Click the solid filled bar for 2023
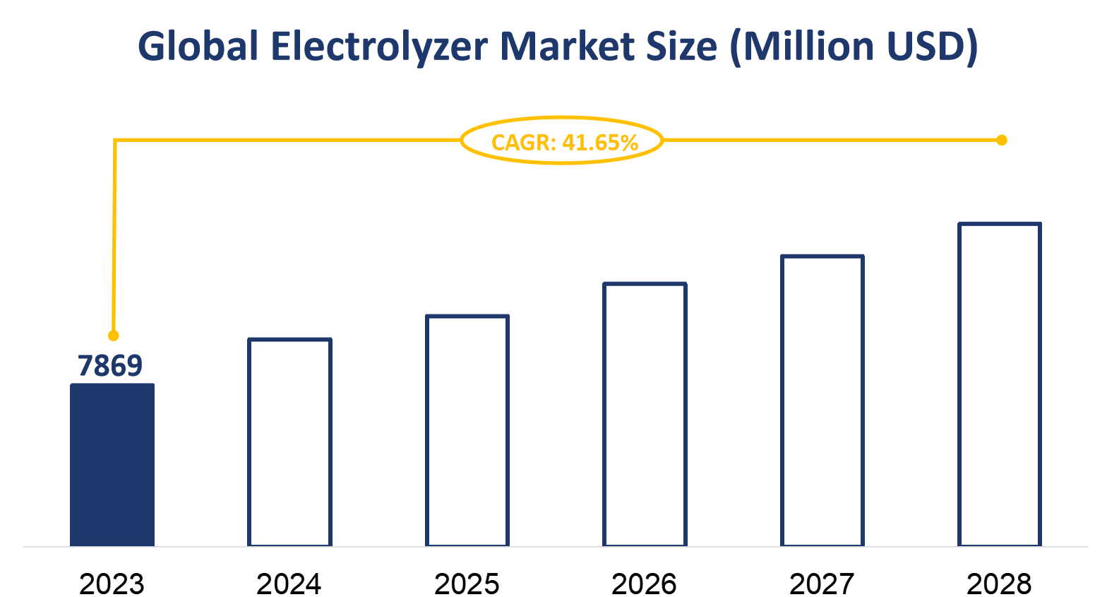click(x=112, y=465)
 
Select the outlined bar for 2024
click(x=289, y=442)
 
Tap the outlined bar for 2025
click(x=467, y=430)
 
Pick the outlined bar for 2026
click(x=645, y=415)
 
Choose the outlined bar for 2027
click(x=822, y=401)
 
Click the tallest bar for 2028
click(x=1000, y=384)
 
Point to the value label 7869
click(x=110, y=366)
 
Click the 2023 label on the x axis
click(x=112, y=584)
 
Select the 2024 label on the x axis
click(x=289, y=584)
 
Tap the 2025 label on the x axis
click(x=467, y=584)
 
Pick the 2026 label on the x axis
click(x=644, y=584)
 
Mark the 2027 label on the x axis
click(x=822, y=584)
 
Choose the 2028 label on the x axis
click(x=999, y=584)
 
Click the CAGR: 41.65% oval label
click(x=563, y=141)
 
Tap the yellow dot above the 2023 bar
click(x=114, y=336)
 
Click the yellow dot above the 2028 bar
click(x=1001, y=140)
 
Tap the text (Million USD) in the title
click(x=853, y=47)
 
